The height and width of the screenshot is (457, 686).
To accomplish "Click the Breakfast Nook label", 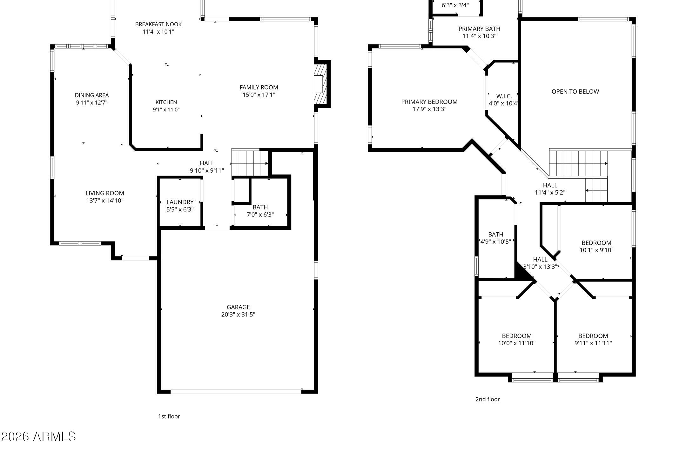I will [158, 24].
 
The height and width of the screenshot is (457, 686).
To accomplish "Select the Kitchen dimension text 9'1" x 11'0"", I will [166, 110].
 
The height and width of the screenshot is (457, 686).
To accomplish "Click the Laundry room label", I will [180, 202].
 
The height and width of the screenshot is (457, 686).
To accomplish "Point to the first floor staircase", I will [250, 163].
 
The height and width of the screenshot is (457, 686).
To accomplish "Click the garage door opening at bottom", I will [236, 392].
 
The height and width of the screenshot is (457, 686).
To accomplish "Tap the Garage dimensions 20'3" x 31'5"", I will [238, 315].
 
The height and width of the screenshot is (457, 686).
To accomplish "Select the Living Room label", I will [104, 193].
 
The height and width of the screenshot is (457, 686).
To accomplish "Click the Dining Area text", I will [92, 95].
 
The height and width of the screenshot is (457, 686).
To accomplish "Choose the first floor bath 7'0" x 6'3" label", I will [260, 211].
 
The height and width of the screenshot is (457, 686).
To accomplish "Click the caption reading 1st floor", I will [169, 416].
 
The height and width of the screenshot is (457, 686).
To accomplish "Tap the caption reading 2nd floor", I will [488, 399].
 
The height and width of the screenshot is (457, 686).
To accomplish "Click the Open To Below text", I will [575, 92].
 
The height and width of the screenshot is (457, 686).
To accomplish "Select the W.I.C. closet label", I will [504, 96].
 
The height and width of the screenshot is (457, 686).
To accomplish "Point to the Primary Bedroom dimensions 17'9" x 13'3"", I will [429, 109].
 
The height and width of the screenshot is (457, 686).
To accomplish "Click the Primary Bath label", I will [479, 29].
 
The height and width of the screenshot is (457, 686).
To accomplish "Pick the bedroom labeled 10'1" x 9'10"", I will [596, 247].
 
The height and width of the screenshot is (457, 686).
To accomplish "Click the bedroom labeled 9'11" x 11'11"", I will [593, 339].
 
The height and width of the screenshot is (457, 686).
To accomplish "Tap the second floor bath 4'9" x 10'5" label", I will [495, 238].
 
